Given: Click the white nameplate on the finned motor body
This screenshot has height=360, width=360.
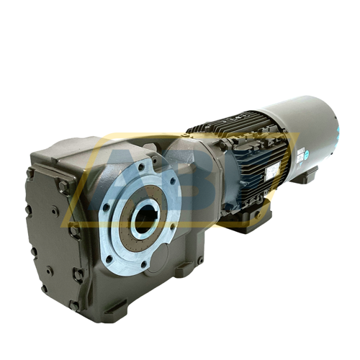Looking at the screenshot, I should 276,171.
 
